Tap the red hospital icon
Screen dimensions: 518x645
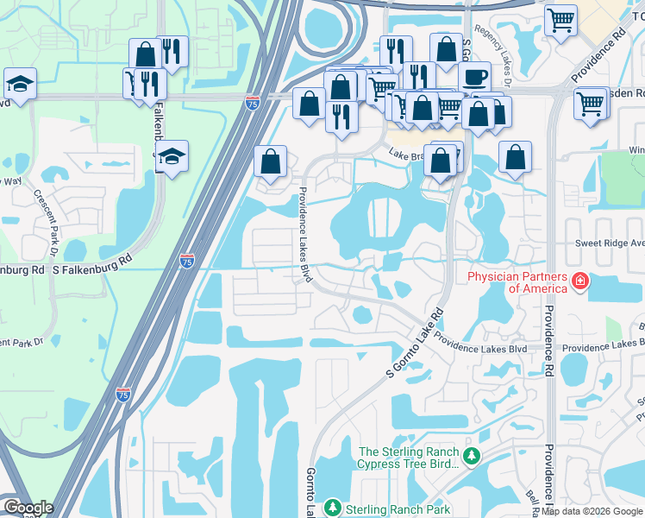pyautogui.click(x=579, y=281)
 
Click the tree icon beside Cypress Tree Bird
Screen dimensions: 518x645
pyautogui.click(x=470, y=455)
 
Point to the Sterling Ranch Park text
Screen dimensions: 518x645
pyautogui.click(x=398, y=509)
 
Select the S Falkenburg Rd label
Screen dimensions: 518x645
pyautogui.click(x=92, y=270)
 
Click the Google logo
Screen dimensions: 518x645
pyautogui.click(x=28, y=508)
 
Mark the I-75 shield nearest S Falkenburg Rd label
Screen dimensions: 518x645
pyautogui.click(x=187, y=261)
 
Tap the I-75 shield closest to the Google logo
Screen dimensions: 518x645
pyautogui.click(x=123, y=395)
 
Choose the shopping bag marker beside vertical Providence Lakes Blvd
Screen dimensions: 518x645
pyautogui.click(x=271, y=161)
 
